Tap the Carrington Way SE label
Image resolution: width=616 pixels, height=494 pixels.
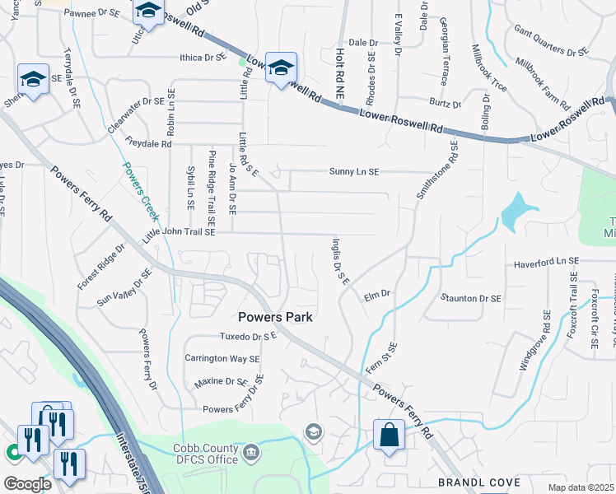click(x=222, y=359)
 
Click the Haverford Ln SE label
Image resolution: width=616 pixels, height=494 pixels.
click(x=546, y=262)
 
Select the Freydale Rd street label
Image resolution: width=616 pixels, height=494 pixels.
click(x=148, y=143)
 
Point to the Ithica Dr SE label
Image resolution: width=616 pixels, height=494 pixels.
click(x=203, y=58)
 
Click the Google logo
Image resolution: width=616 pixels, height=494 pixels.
click(x=27, y=483)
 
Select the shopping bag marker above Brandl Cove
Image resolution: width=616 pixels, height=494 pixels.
click(x=388, y=435)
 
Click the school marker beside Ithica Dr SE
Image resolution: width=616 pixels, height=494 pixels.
click(x=280, y=68)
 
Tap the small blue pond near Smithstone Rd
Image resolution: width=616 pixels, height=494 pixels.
click(x=516, y=212)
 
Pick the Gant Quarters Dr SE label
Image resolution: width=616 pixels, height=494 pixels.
click(x=551, y=41)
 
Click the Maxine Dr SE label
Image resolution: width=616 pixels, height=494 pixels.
click(x=221, y=383)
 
